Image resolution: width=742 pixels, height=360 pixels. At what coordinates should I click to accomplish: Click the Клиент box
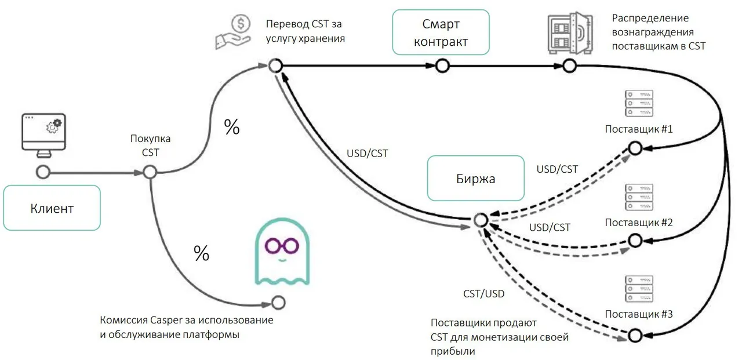click(x=52, y=208)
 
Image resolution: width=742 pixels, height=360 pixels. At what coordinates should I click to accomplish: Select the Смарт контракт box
click(x=441, y=32)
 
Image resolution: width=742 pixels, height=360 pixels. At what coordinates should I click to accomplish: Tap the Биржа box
click(x=476, y=178)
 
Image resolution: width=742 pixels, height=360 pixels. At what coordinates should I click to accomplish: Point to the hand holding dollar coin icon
click(x=234, y=32)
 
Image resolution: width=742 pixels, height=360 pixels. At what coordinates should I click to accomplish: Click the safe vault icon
click(x=570, y=33)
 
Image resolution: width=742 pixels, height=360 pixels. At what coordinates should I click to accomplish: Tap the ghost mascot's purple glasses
click(x=282, y=246)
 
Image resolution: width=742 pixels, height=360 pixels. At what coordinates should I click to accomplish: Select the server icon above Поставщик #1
click(x=639, y=103)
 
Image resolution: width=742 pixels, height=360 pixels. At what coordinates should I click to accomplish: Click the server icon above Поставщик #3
click(x=639, y=289)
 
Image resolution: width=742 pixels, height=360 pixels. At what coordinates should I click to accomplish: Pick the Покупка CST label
click(x=150, y=146)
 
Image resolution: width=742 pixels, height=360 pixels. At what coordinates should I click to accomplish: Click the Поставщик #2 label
click(x=639, y=223)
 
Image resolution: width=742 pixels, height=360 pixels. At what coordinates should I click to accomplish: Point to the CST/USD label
click(x=483, y=294)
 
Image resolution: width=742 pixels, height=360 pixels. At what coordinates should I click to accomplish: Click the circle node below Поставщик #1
click(x=635, y=148)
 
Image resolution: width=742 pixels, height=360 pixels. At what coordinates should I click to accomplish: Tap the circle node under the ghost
click(x=278, y=303)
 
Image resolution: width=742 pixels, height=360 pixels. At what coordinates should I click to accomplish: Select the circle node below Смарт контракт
click(x=442, y=66)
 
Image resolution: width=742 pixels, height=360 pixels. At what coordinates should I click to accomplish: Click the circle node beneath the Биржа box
click(x=481, y=220)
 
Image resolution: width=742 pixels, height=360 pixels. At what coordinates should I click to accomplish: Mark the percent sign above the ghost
click(x=201, y=253)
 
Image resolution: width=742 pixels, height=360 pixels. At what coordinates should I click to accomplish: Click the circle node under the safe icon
click(x=569, y=66)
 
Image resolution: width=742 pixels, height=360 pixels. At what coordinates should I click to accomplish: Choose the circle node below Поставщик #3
click(x=635, y=336)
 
